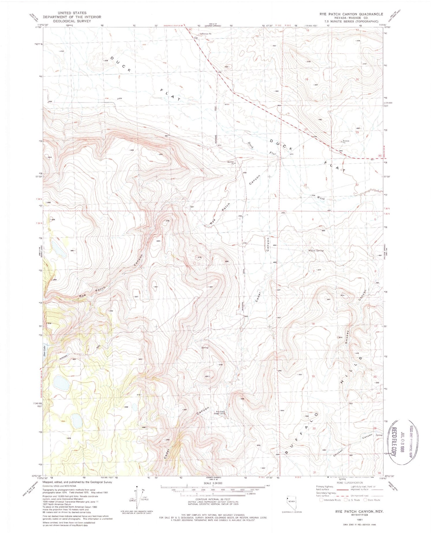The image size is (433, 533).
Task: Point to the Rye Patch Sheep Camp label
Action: coord(220,413)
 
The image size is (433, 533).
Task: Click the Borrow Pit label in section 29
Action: coord(346,141)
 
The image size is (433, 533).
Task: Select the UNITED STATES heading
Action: coord(72,13)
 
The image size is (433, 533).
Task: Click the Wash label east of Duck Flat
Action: coord(321,199)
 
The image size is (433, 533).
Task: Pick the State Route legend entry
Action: coord(374,500)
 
